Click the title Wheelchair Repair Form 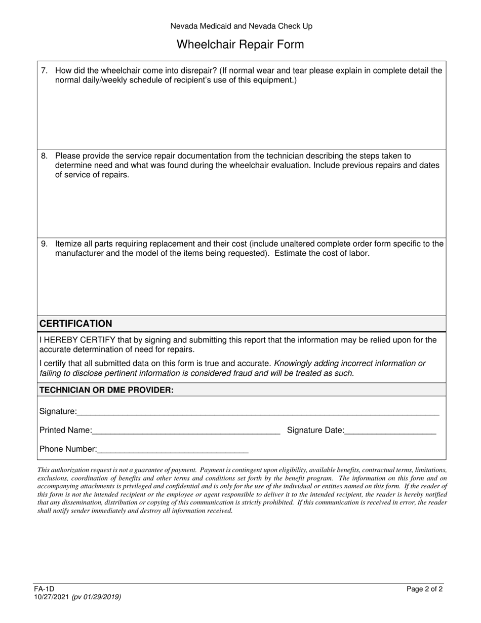(x=240, y=45)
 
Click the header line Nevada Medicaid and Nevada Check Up (x=241, y=26)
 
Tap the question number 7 (x=44, y=71)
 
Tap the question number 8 (x=44, y=156)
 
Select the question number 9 (x=44, y=244)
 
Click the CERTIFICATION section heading (x=76, y=324)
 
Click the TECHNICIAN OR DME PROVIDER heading (x=106, y=390)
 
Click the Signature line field (x=258, y=412)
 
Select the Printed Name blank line (x=186, y=431)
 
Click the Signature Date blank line (x=390, y=431)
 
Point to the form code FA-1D (x=44, y=589)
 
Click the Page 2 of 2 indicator (x=424, y=589)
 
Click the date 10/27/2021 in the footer (x=52, y=597)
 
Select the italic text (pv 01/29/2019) (x=96, y=597)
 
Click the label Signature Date (x=315, y=431)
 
